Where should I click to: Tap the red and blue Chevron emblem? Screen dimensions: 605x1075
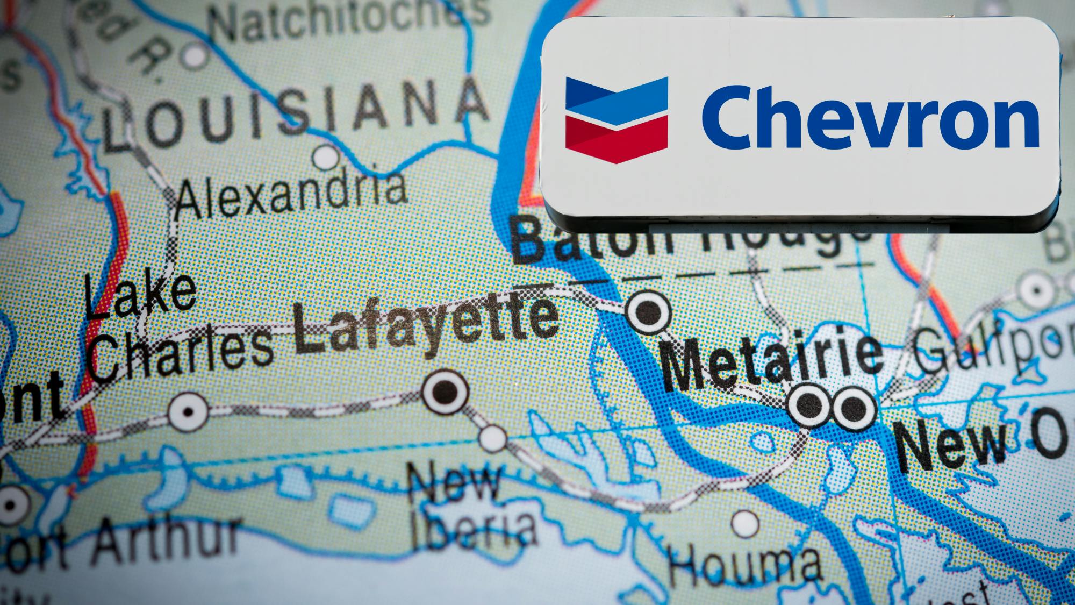tap(617, 119)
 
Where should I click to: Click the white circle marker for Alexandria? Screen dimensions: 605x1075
tap(326, 158)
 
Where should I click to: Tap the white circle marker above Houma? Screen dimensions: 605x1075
tap(745, 523)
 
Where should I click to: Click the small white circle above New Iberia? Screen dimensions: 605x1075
tap(492, 438)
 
